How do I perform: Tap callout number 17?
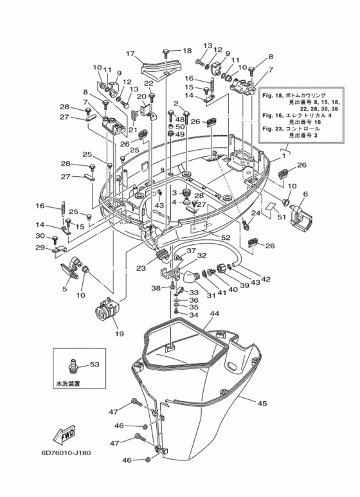click(x=129, y=53)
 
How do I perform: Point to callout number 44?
click(x=214, y=313)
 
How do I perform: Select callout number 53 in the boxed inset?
click(x=94, y=365)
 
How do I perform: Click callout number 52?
click(x=226, y=238)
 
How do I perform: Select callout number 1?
click(x=283, y=156)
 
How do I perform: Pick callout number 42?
click(x=265, y=279)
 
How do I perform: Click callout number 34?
click(x=194, y=315)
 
